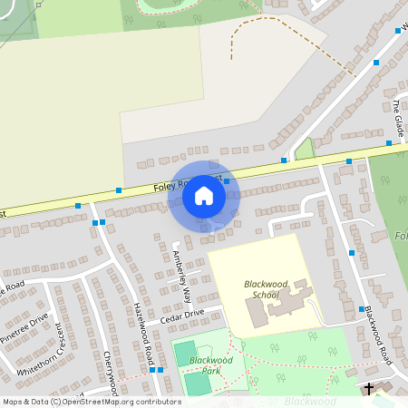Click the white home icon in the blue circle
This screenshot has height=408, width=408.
coord(204,196)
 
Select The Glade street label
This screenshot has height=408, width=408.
coord(397,114)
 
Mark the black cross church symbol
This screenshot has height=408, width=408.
coord(369,389)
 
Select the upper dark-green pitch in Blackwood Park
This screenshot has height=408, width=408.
coord(185,353)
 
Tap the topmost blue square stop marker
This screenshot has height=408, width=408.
coord(397,31)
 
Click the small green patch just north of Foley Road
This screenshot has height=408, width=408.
coord(305,148)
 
